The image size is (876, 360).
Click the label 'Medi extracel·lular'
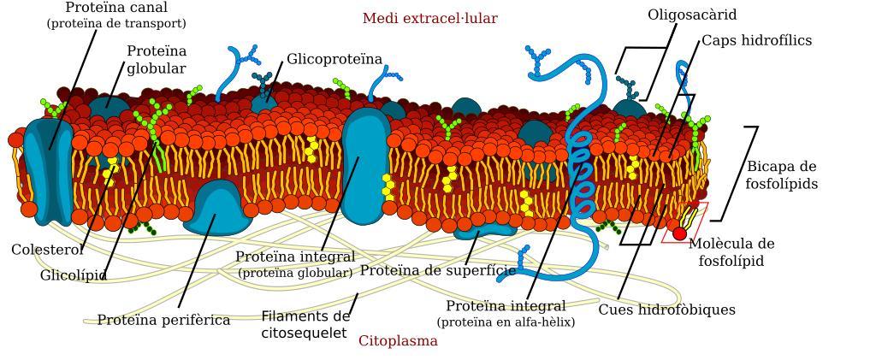click(x=429, y=19)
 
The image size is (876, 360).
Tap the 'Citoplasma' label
click(x=398, y=341)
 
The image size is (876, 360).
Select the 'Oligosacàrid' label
click(x=691, y=15)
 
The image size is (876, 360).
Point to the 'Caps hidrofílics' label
click(x=756, y=41)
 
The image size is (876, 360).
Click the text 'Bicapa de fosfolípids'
click(x=781, y=175)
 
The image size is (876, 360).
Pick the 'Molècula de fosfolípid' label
click(x=731, y=252)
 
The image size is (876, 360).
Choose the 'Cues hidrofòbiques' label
click(x=666, y=310)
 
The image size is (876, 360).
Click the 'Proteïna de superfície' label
click(x=437, y=271)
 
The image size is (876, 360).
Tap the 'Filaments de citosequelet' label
click(x=305, y=325)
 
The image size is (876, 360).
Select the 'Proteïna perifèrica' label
click(x=163, y=321)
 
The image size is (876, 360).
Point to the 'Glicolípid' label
click(x=74, y=276)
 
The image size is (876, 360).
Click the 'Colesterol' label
click(x=47, y=251)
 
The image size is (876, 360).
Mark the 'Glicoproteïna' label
click(x=334, y=60)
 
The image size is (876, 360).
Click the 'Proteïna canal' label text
click(x=116, y=8)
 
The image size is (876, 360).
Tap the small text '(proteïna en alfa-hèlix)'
click(x=506, y=322)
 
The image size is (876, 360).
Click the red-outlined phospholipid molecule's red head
click(x=679, y=233)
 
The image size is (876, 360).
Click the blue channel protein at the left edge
click(x=48, y=171)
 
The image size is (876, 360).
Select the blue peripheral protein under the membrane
click(x=218, y=214)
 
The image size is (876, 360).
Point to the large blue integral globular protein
click(x=365, y=167)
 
